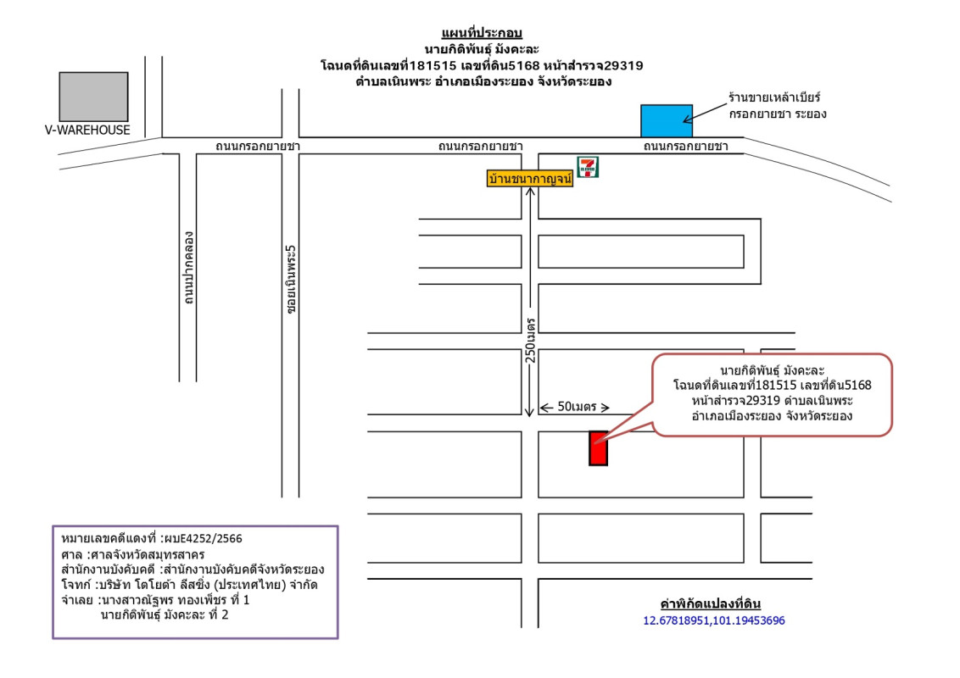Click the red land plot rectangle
[599, 448]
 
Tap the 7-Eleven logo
[588, 167]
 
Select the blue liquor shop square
[666, 120]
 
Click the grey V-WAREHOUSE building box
[93, 97]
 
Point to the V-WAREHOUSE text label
[88, 131]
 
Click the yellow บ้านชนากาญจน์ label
[530, 179]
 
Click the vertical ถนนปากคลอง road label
[189, 268]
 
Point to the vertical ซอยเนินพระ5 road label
[291, 281]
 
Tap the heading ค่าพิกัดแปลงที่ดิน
[711, 604]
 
